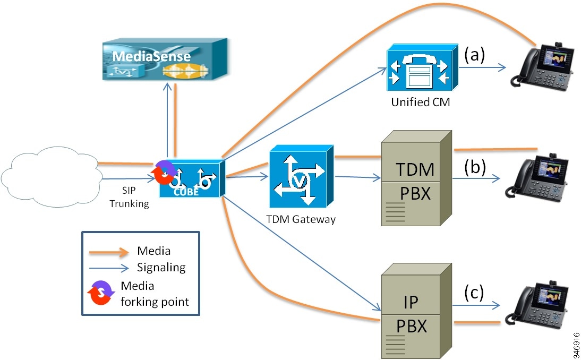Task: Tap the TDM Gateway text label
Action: point(301,219)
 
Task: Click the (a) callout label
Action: point(475,55)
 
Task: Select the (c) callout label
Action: point(474,293)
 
